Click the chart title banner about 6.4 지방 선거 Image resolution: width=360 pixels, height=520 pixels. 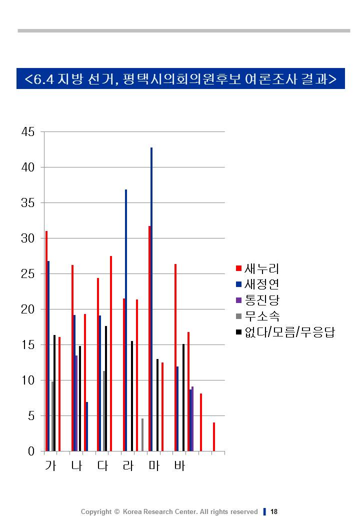(180, 78)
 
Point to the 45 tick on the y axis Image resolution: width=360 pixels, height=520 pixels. (28, 132)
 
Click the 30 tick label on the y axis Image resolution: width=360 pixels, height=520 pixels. (28, 238)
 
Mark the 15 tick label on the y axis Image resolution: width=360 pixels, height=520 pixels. (28, 345)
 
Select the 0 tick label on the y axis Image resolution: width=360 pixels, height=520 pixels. (31, 451)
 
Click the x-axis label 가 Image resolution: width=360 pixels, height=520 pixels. (50, 466)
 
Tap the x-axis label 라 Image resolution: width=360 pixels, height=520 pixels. (128, 466)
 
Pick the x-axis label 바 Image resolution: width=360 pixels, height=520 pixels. (179, 466)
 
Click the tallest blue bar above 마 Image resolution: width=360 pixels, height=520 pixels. (151, 300)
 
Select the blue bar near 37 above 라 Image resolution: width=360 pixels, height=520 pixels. (126, 320)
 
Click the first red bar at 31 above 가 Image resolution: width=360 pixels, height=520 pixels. (46, 340)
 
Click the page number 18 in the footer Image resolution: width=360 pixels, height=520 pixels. (274, 511)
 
